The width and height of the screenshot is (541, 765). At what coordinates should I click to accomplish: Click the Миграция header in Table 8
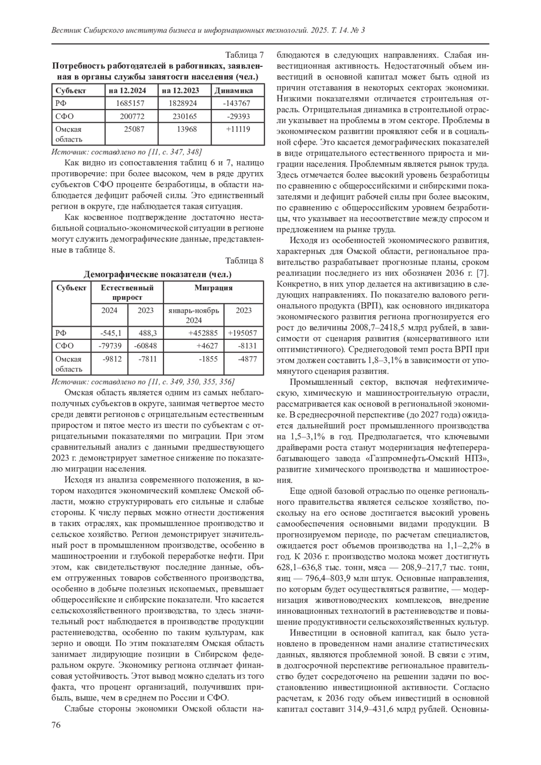213,288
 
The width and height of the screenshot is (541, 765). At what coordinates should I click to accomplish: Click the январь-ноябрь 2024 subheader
193,315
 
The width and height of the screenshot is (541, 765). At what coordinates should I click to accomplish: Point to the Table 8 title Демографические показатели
158,274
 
